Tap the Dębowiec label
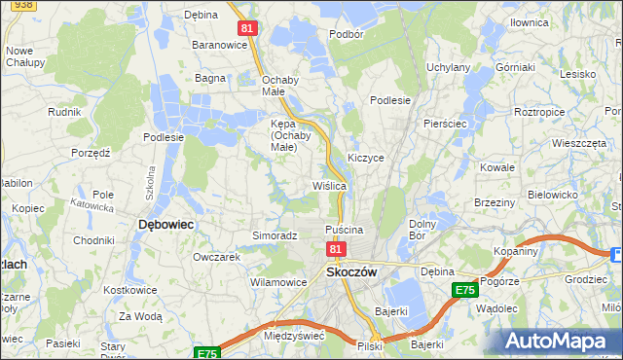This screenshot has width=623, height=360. (x=166, y=224)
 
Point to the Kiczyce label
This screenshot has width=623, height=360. (x=366, y=157)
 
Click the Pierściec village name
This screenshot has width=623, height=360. (x=448, y=125)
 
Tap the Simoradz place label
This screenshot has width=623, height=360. (x=275, y=235)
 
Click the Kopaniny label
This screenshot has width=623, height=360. (x=542, y=251)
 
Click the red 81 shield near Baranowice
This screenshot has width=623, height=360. (x=247, y=28)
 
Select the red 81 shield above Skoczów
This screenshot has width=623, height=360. (x=336, y=249)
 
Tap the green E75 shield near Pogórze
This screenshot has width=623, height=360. (x=464, y=290)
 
